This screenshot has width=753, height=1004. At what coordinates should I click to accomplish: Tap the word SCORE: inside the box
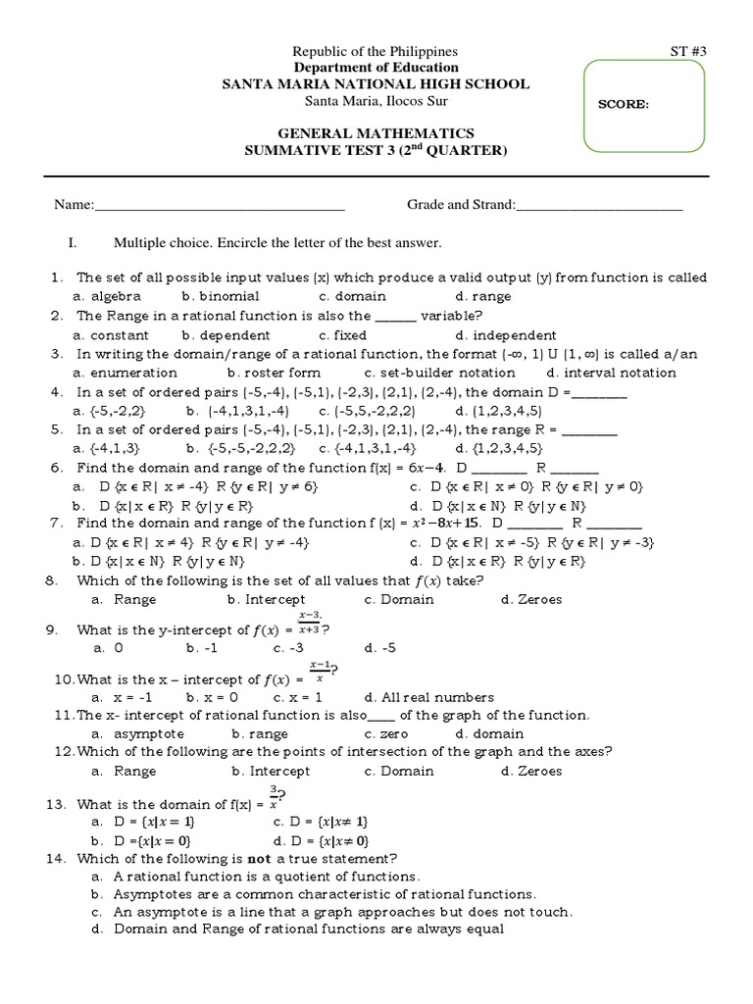pos(623,105)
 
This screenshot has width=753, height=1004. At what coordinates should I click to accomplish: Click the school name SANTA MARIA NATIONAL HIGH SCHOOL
pos(376,84)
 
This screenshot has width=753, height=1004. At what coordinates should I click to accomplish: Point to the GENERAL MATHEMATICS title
pos(376,133)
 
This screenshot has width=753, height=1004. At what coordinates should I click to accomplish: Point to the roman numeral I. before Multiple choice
pos(72,242)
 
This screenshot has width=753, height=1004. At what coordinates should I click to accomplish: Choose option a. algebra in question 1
pos(108,296)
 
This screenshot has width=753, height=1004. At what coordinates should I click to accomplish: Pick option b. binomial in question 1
pos(221,296)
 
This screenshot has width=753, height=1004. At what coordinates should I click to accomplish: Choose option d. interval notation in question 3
pos(612,373)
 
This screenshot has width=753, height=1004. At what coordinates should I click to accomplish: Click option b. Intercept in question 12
pos(266,772)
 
